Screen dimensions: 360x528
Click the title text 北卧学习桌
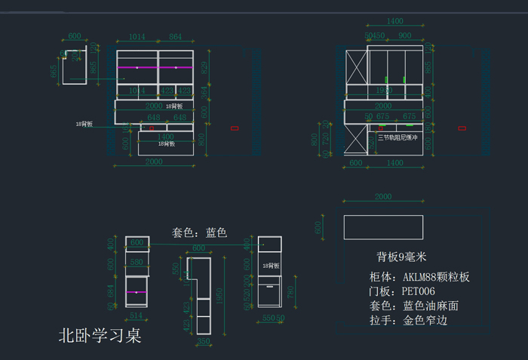pos(100,335)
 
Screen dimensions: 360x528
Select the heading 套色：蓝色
pos(199,232)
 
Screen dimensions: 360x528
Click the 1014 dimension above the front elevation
pos(137,37)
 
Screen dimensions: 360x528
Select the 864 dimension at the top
pos(175,37)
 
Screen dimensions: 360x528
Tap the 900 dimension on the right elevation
pos(405,35)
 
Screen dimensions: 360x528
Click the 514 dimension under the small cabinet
pos(136,315)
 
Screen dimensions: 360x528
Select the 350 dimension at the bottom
pos(203,341)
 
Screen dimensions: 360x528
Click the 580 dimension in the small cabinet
pos(137,263)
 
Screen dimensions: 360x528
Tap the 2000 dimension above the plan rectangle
pos(383,196)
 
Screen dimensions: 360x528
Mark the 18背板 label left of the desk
pos(84,123)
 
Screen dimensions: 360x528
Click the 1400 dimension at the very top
pos(394,21)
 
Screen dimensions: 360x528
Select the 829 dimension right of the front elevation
pos(204,68)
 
